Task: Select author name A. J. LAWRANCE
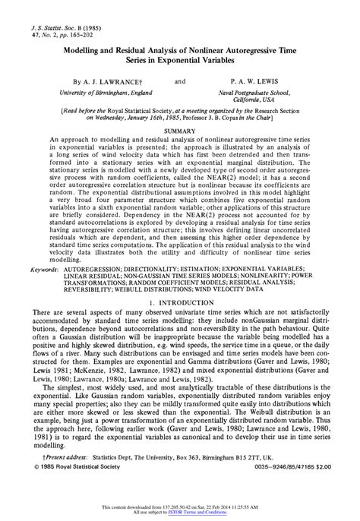point(106,80)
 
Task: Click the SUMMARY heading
point(180,131)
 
